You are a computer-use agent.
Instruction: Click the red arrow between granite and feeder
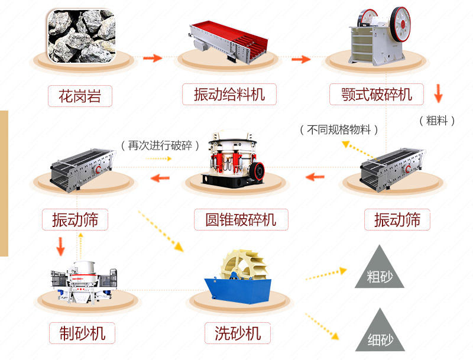click(x=153, y=58)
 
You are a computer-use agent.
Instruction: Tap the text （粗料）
click(x=438, y=121)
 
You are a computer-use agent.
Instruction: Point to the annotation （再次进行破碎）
click(x=160, y=145)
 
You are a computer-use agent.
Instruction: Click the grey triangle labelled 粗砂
click(x=379, y=270)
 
